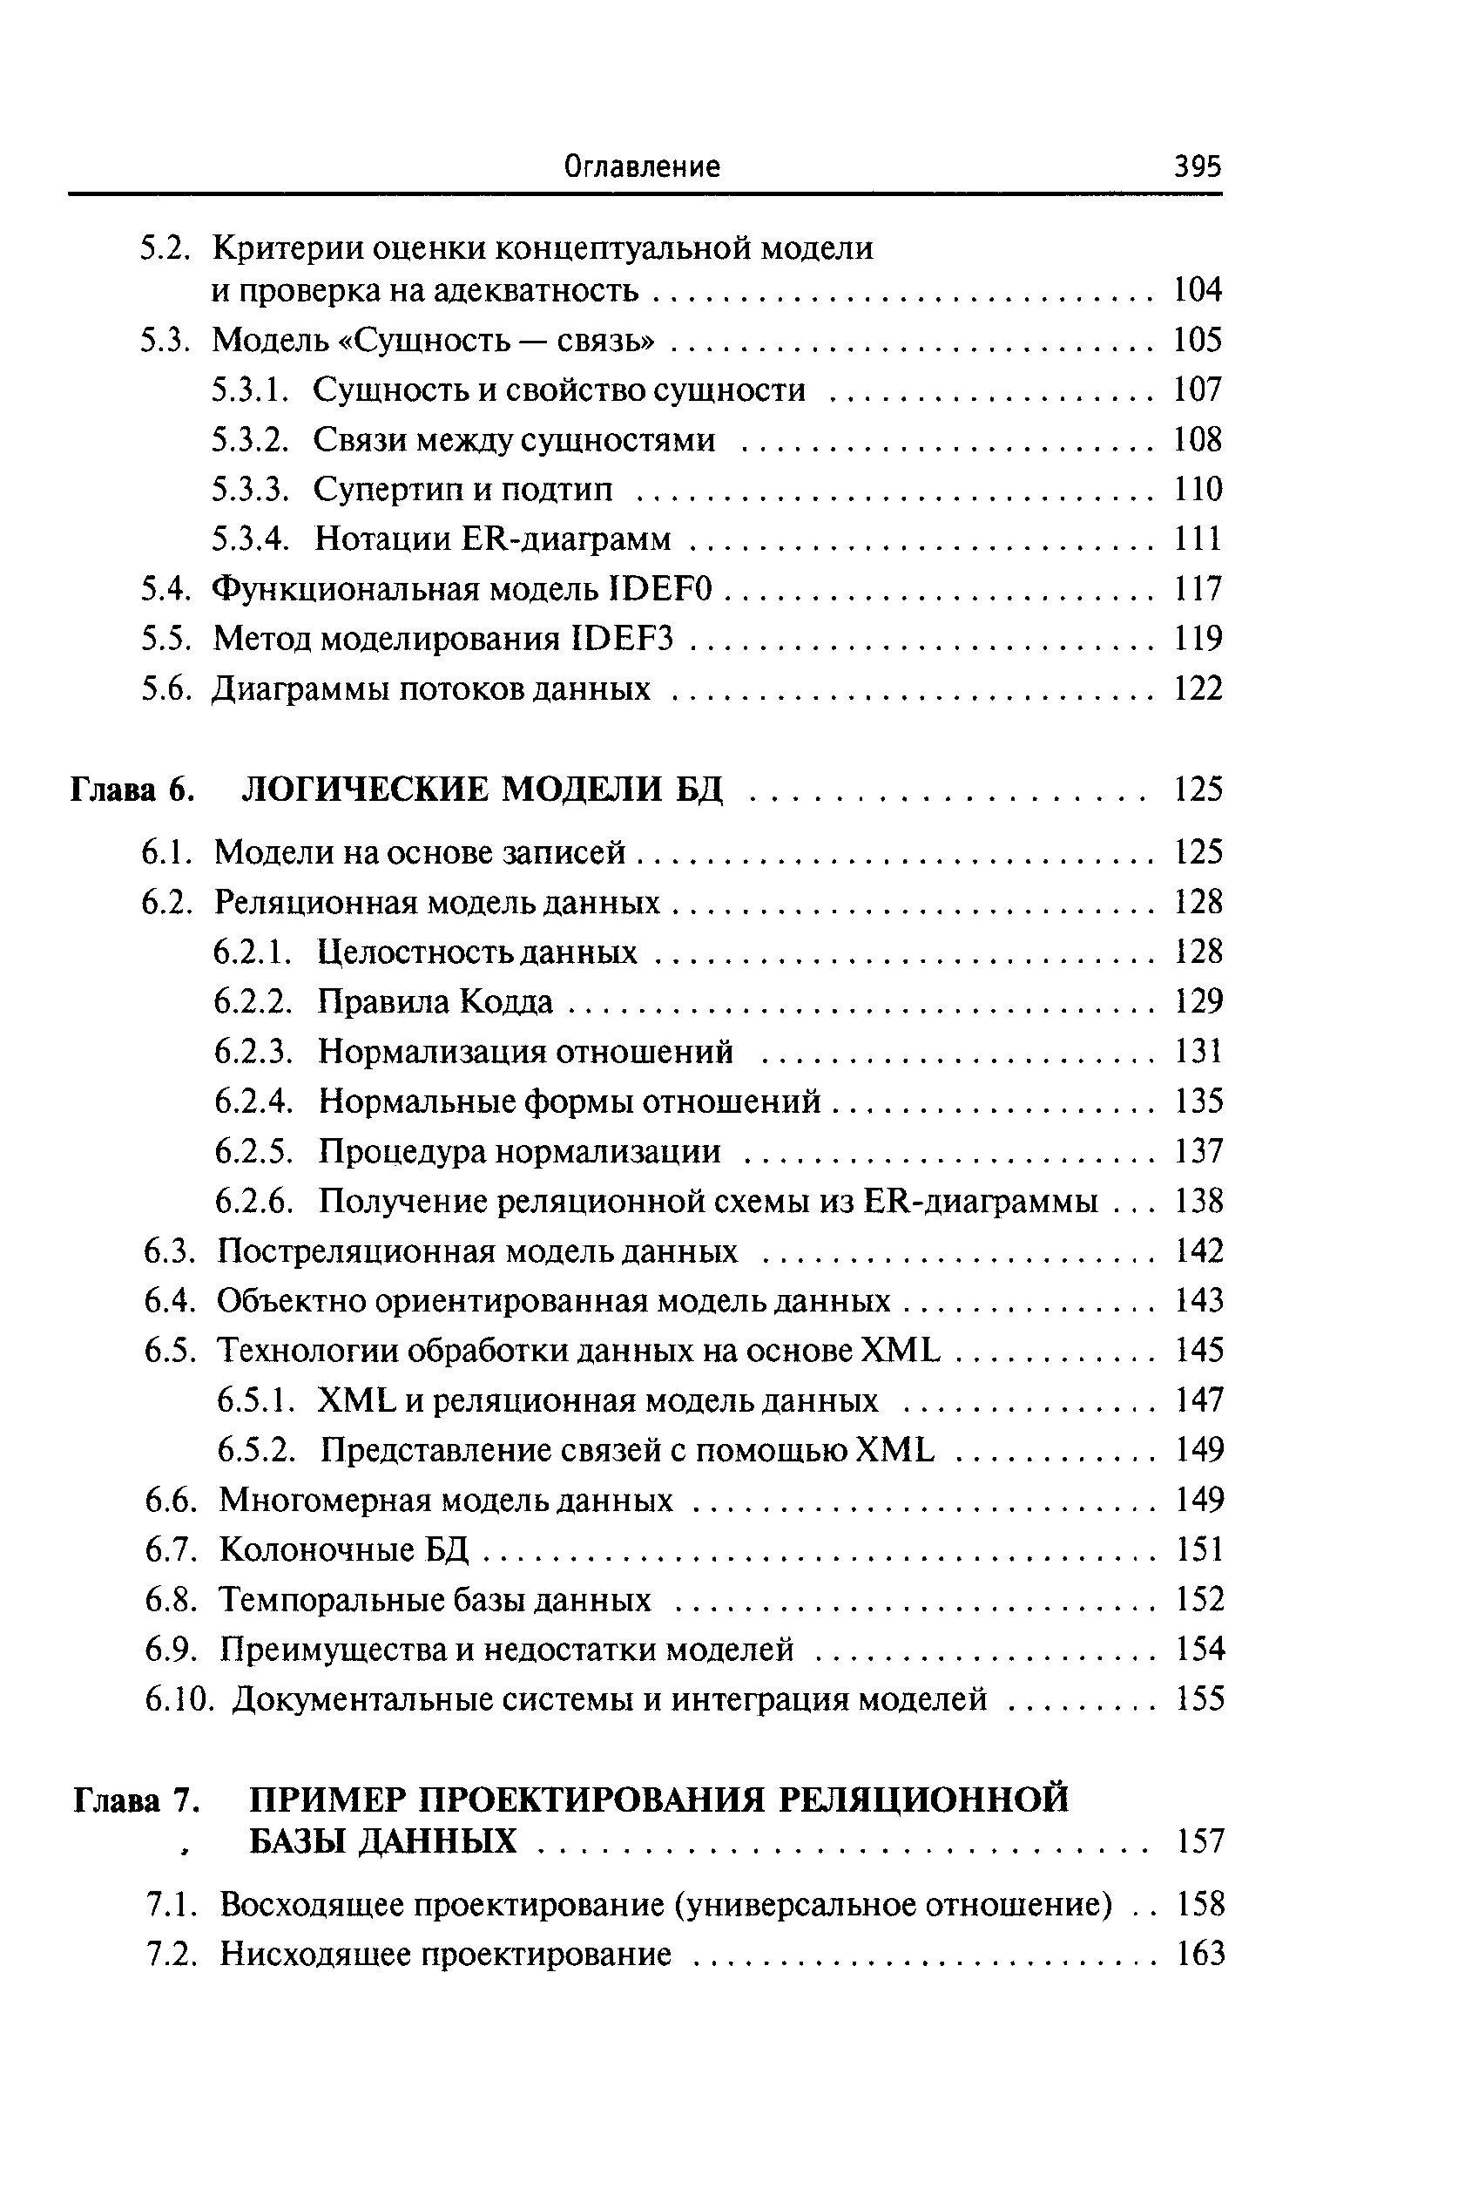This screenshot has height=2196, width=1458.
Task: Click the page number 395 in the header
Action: tap(1197, 167)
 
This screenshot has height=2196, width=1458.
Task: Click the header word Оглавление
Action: tap(643, 167)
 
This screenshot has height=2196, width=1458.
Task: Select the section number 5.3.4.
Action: tap(252, 539)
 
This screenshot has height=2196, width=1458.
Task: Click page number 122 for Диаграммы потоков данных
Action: tap(1198, 689)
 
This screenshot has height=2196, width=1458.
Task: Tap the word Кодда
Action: tap(508, 1002)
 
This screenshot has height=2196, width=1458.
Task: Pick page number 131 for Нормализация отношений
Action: tap(1198, 1052)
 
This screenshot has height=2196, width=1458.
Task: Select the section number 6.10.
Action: tap(180, 1700)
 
